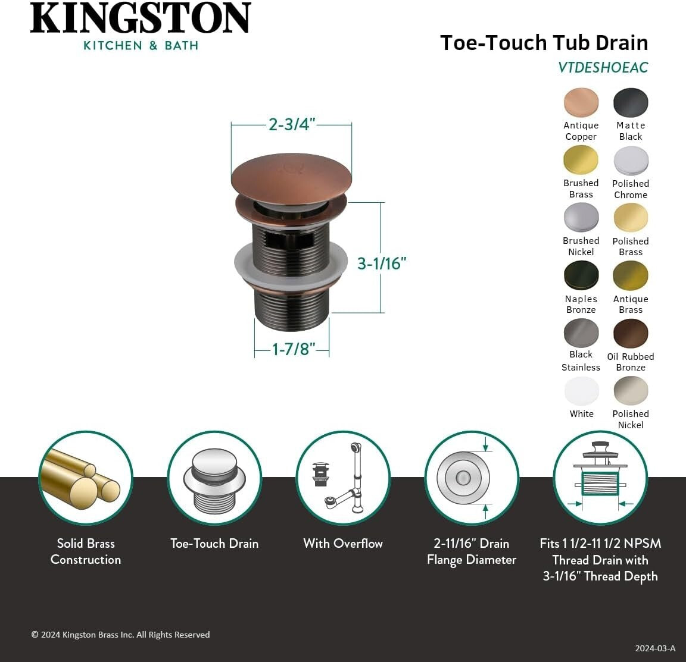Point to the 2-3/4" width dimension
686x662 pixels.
291,124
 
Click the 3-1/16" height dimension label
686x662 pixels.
382,263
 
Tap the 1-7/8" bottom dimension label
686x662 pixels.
292,349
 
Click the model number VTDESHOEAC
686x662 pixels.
603,68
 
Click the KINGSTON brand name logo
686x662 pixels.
141,20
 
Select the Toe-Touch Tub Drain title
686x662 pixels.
544,43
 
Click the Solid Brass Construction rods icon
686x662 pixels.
86,478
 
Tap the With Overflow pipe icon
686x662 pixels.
342,478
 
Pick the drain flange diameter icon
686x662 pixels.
471,478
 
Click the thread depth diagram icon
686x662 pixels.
600,478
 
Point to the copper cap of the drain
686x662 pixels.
291,172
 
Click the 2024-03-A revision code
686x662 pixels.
655,648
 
